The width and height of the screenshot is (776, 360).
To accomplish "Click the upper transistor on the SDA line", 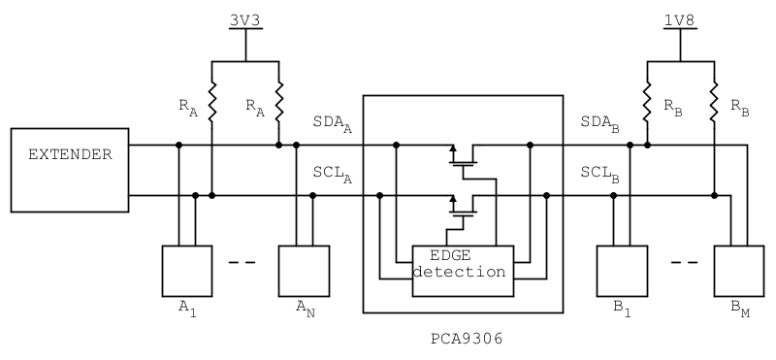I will click(465, 155).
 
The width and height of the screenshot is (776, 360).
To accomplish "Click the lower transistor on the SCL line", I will click(465, 205).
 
